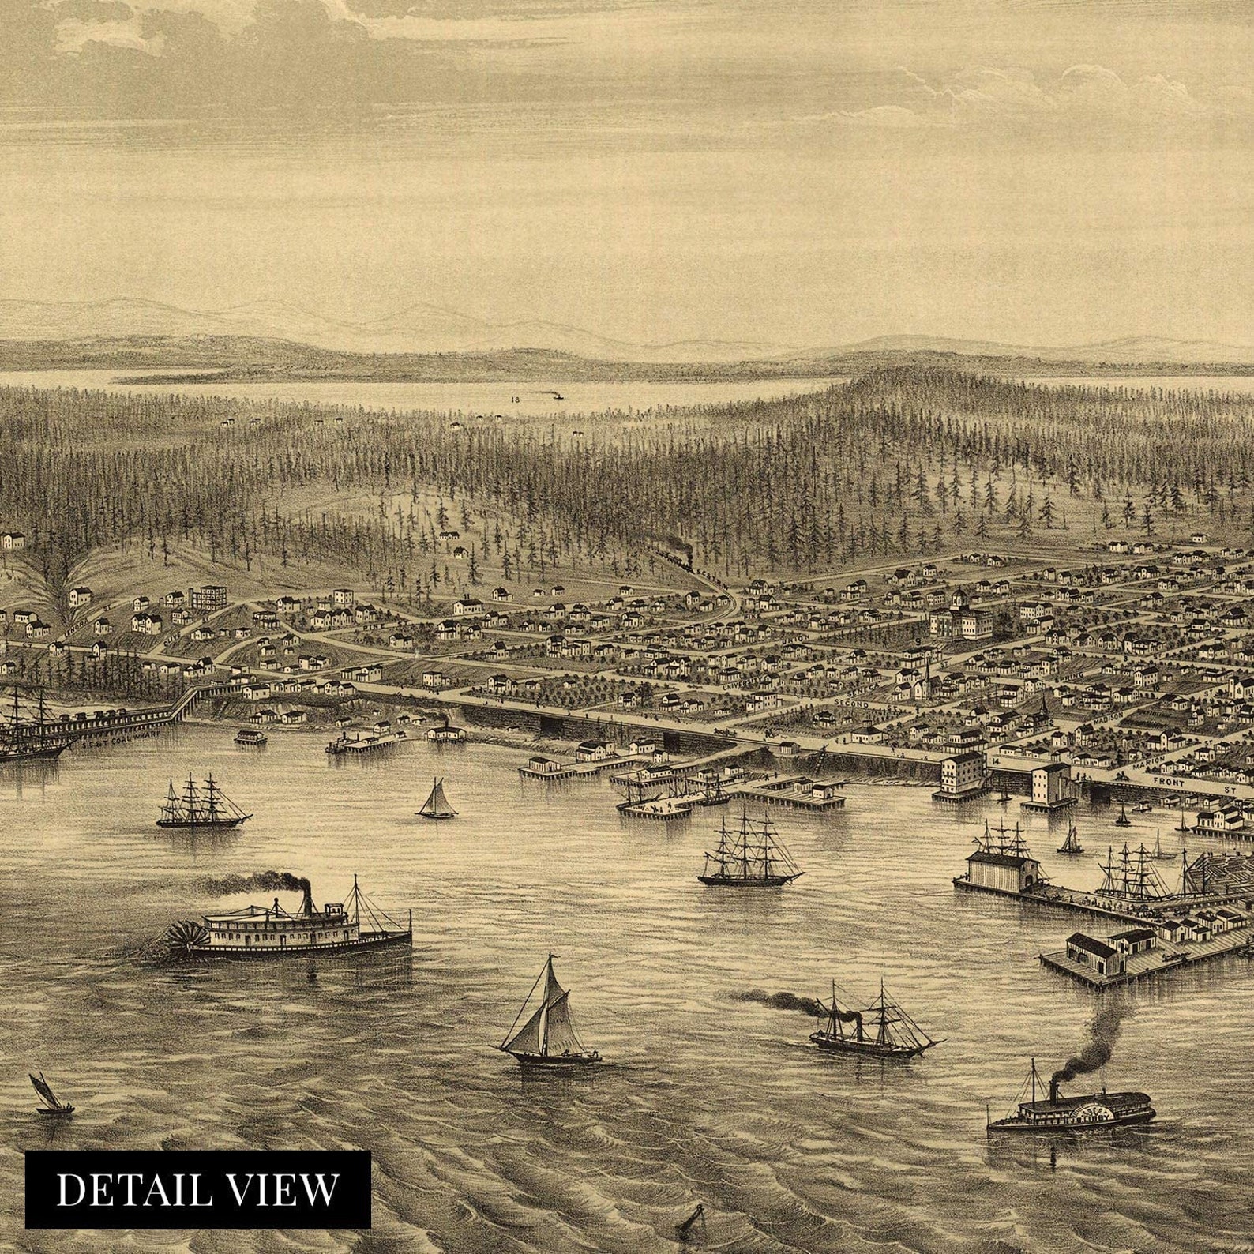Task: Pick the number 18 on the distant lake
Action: [515, 400]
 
